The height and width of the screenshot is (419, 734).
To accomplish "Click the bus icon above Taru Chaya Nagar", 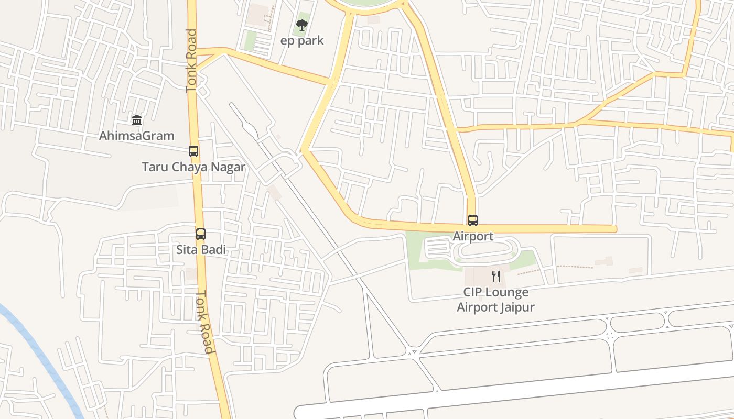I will coord(193,151).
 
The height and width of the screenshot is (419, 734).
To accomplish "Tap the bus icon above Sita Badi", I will coord(201,234).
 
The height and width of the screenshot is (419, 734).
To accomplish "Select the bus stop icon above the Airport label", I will coord(473,220).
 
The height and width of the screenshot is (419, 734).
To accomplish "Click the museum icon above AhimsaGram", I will coord(137,120).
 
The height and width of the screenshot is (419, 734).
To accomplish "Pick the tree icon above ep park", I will coord(302,25).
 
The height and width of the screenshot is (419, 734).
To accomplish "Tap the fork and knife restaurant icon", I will coord(496,276).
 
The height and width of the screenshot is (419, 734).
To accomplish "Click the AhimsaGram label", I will coord(137,136).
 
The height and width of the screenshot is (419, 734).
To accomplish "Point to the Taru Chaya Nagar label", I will coord(193,167).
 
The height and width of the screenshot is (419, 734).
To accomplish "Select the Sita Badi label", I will coord(201,250).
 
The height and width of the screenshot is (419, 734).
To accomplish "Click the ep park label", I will coord(303,41).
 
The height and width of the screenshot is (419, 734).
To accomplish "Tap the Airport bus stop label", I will coord(473,236).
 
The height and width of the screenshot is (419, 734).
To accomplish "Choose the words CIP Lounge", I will coord(495,292).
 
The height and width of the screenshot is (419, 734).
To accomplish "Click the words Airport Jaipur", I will coord(495,307).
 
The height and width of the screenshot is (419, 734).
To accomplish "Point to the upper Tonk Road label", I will coord(192,61).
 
